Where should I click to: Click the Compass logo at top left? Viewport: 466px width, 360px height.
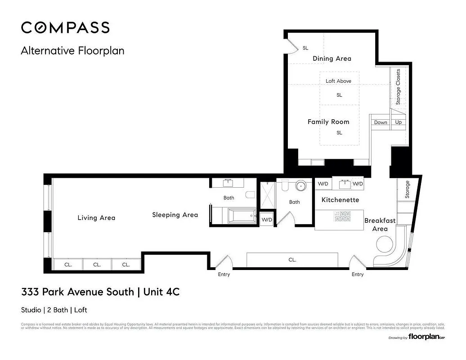tap(65, 27)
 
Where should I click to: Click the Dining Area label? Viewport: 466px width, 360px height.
tap(332, 58)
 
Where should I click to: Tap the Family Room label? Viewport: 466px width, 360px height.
tap(328, 122)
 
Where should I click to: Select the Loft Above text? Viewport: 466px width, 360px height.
tap(339, 81)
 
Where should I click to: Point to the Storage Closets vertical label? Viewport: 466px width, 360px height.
tap(398, 87)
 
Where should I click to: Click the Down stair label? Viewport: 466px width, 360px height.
tap(381, 122)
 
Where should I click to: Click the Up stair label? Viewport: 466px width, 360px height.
tap(399, 122)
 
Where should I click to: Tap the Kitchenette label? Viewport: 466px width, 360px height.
tap(340, 200)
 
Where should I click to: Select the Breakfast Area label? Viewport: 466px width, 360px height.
tap(380, 225)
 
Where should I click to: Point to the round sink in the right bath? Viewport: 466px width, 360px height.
tap(301, 185)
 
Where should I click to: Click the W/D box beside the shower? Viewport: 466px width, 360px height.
tap(267, 219)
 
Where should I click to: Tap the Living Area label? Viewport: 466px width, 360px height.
tap(96, 218)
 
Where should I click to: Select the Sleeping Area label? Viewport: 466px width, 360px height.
tap(175, 215)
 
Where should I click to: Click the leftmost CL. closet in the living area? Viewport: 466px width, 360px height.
tap(68, 265)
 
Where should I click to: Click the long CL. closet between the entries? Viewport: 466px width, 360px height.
tap(292, 260)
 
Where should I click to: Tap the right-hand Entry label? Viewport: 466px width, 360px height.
tap(358, 274)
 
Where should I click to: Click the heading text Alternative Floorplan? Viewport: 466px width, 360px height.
tap(72, 50)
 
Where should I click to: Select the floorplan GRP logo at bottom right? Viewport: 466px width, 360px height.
tap(426, 337)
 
